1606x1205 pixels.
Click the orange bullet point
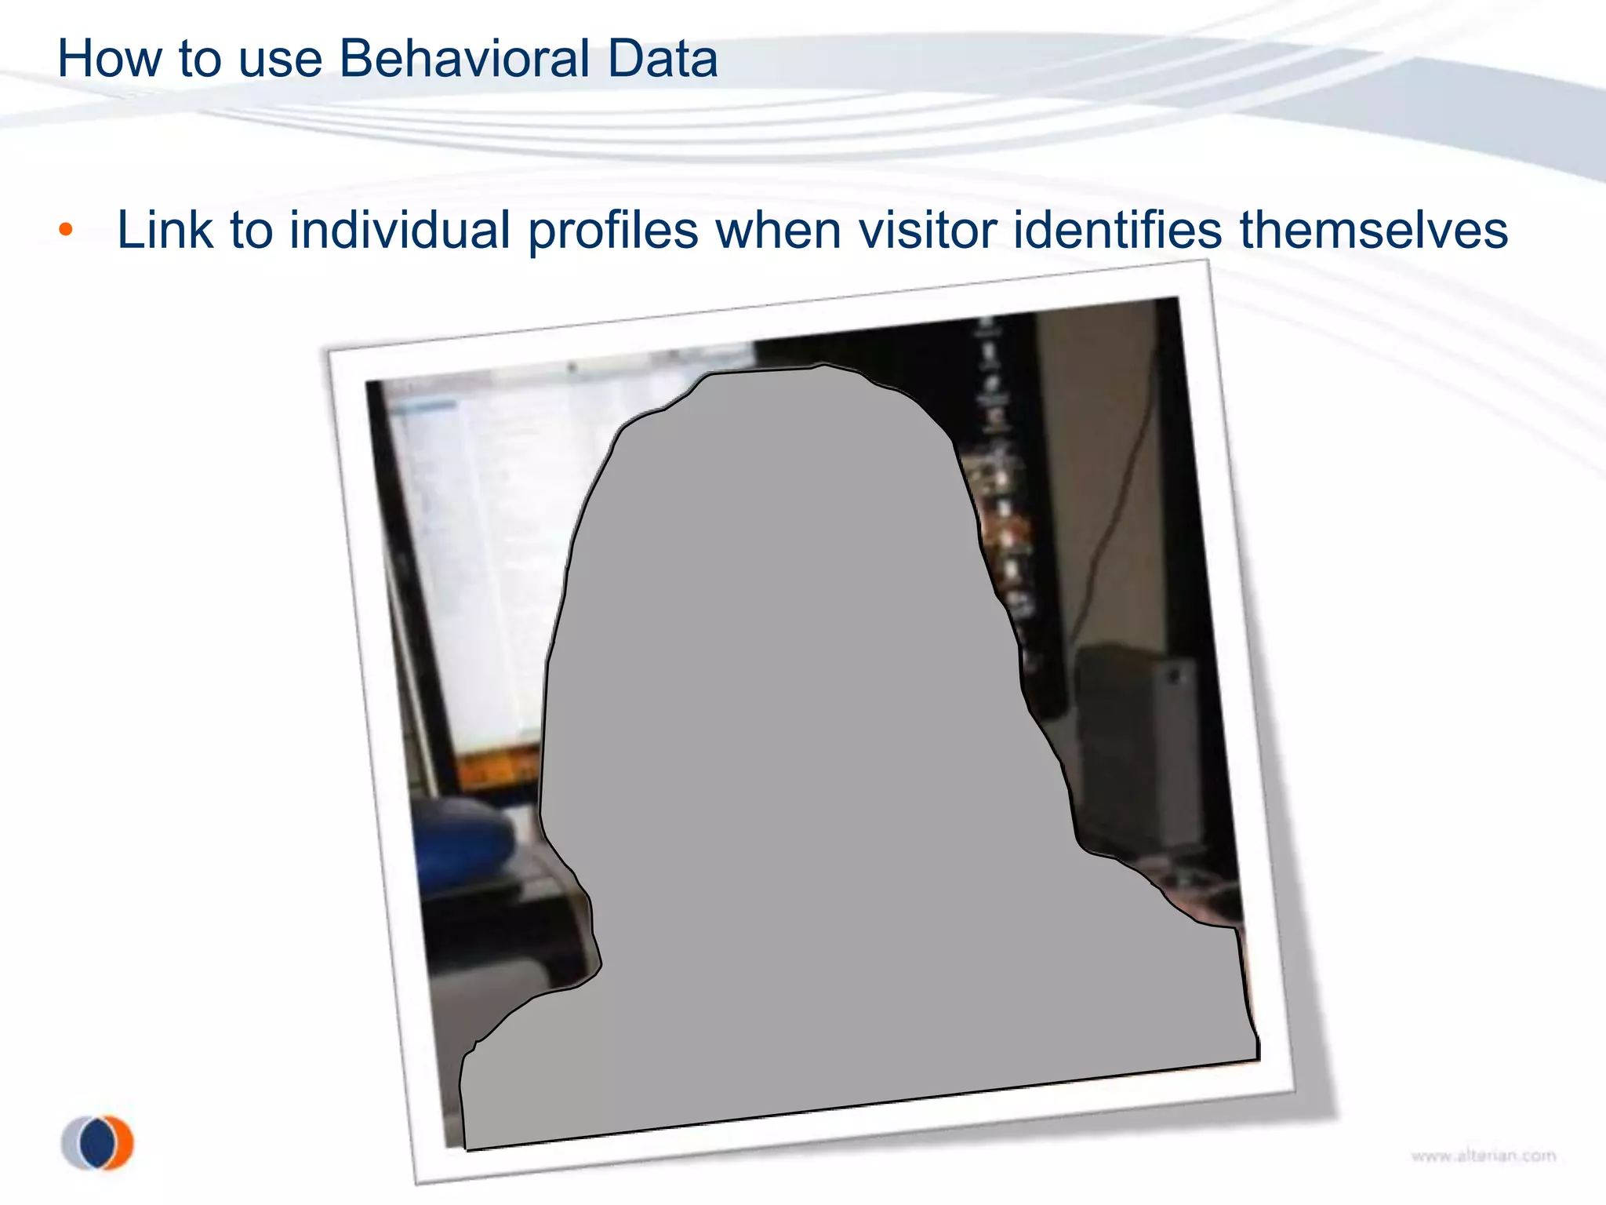(x=66, y=230)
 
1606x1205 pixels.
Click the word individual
(x=400, y=230)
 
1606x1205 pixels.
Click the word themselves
(x=1373, y=230)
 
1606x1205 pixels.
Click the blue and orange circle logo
(x=97, y=1142)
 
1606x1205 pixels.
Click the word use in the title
(x=280, y=60)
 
